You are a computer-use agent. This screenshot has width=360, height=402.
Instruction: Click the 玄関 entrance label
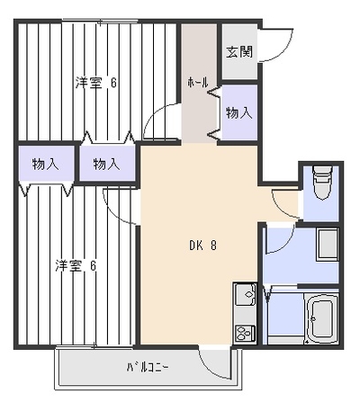pyautogui.click(x=239, y=52)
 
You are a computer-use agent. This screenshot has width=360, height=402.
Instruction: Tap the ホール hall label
pyautogui.click(x=198, y=83)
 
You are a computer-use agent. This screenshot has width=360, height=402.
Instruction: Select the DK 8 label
pyautogui.click(x=202, y=246)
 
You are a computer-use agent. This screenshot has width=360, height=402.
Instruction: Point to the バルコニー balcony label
pyautogui.click(x=148, y=368)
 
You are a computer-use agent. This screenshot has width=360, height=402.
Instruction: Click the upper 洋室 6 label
pyautogui.click(x=96, y=83)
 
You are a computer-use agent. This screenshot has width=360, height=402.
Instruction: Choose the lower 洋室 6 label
pyautogui.click(x=76, y=266)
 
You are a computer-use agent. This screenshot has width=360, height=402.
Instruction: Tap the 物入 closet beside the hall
pyautogui.click(x=239, y=113)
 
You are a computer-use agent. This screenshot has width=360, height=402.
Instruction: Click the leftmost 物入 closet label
pyautogui.click(x=46, y=165)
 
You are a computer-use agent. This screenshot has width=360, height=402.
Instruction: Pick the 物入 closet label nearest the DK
pyautogui.click(x=106, y=165)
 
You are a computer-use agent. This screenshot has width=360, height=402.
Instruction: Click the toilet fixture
pyautogui.click(x=322, y=183)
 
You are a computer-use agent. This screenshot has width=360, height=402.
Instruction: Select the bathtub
pyautogui.click(x=322, y=318)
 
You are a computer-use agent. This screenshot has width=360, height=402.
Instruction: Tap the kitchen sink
pyautogui.click(x=245, y=294)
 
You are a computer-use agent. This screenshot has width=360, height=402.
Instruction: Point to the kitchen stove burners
pyautogui.click(x=246, y=334)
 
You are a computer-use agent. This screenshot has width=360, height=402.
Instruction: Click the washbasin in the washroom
pyautogui.click(x=328, y=244)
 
